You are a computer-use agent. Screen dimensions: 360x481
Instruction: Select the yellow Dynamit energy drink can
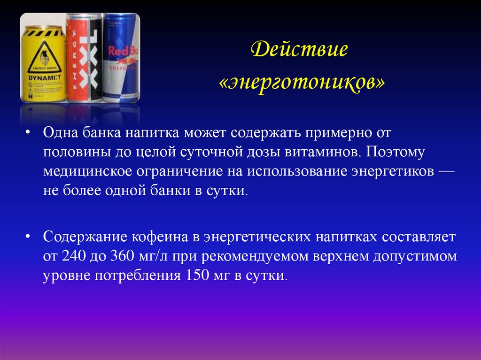tap(43, 63)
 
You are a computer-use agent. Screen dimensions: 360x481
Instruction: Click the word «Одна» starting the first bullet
tap(61, 133)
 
